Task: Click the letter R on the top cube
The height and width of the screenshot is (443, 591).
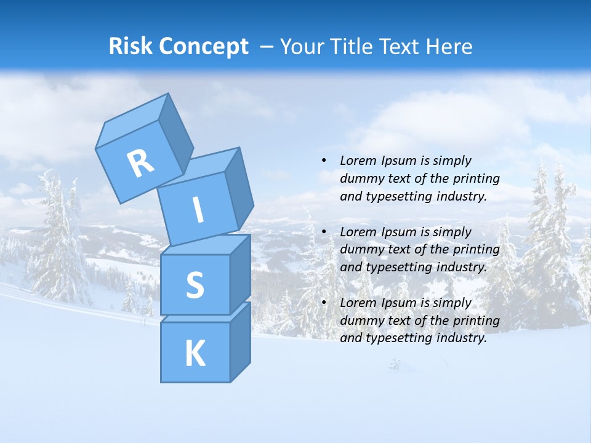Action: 141,163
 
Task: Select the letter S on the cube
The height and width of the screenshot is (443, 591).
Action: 195,285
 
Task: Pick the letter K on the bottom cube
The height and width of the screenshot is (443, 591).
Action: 195,353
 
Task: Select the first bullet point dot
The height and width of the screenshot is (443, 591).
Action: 324,161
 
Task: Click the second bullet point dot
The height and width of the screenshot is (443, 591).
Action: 324,232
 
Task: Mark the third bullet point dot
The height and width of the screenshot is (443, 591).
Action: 324,303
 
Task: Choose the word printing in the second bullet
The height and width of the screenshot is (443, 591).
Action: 475,250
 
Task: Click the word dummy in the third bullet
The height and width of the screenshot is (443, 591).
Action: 360,321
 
